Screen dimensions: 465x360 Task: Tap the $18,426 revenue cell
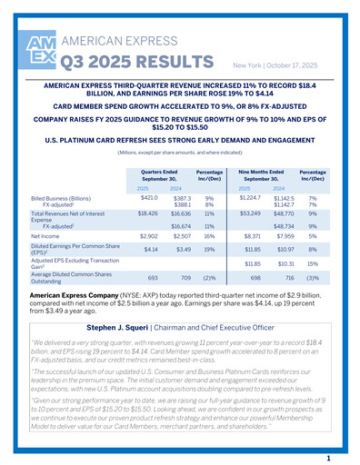point(147,214)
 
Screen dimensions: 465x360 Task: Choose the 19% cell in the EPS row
point(209,249)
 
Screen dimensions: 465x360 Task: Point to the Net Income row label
point(49,235)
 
